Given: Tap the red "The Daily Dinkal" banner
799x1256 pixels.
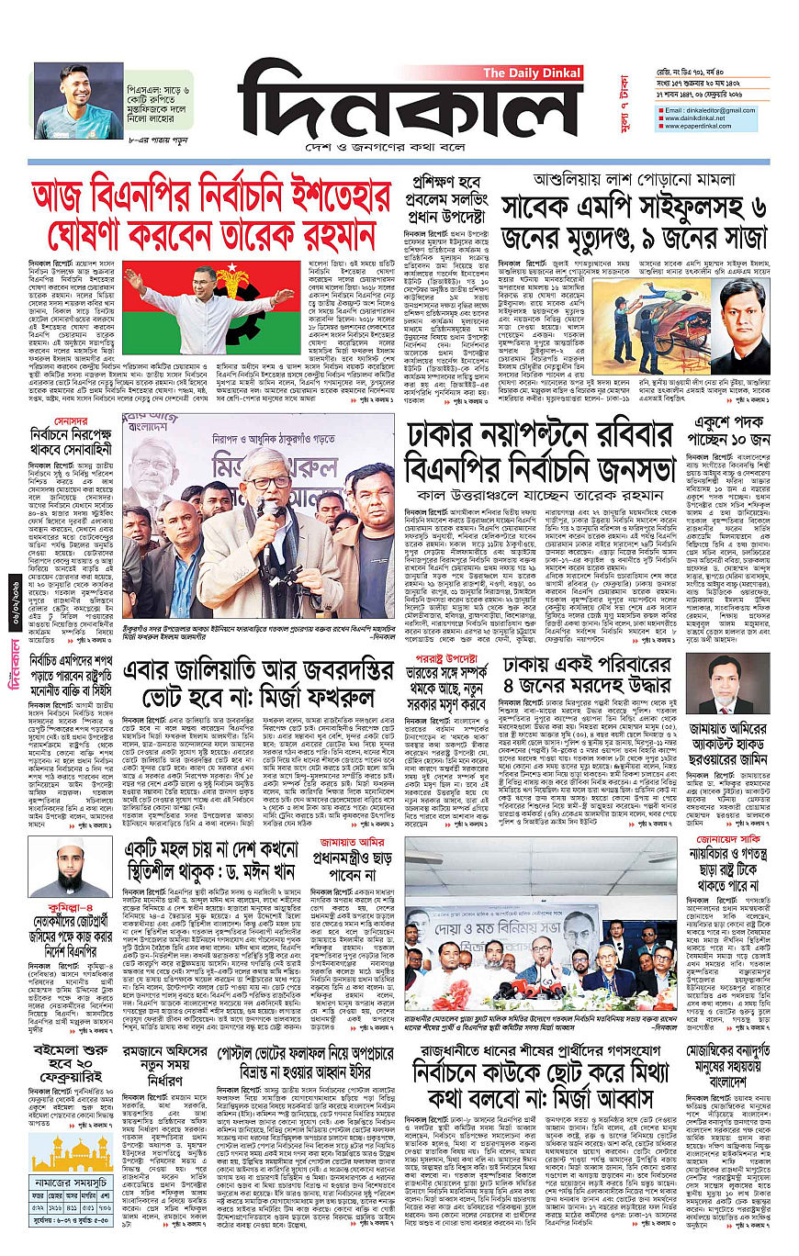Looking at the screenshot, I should click(532, 73).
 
